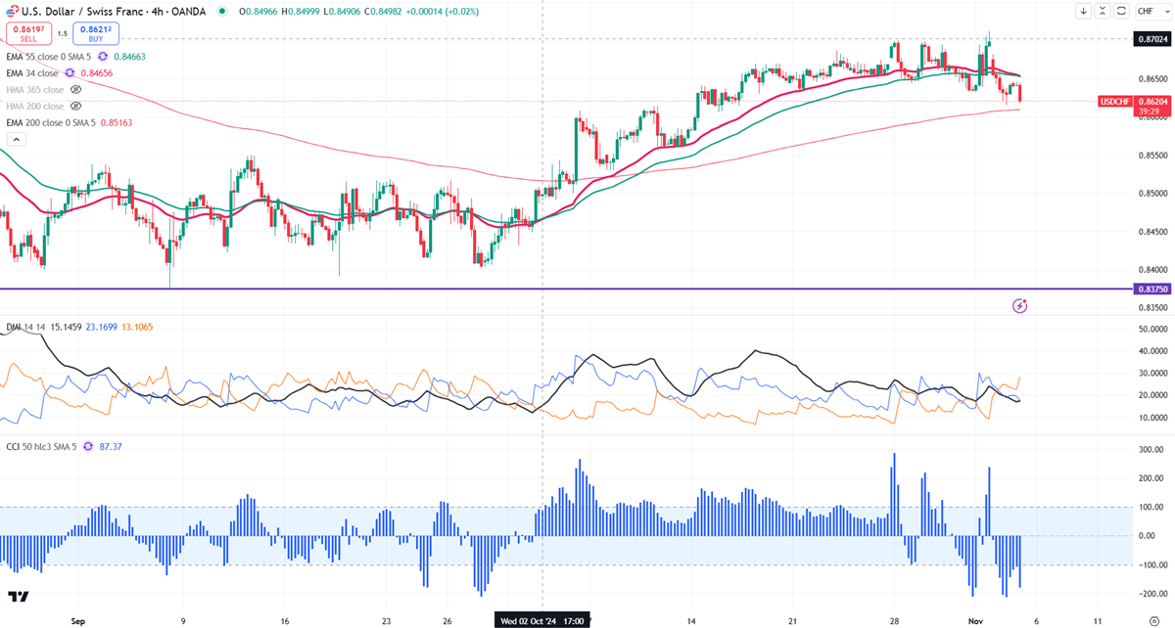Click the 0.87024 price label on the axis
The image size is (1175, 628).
(1152, 39)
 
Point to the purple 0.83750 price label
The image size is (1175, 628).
(1152, 289)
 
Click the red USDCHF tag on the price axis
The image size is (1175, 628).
(1116, 101)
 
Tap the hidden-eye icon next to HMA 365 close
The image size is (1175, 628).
(76, 89)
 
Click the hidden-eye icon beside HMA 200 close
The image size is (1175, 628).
(76, 106)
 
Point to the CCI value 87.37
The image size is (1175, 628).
(101, 446)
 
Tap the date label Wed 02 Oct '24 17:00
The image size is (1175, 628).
(541, 620)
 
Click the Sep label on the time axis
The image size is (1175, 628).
(79, 620)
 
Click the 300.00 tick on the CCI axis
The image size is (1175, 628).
(1152, 449)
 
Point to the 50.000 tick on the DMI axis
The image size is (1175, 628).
(1152, 329)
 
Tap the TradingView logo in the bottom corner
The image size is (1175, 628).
(18, 597)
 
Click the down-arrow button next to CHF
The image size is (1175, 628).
(1083, 11)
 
